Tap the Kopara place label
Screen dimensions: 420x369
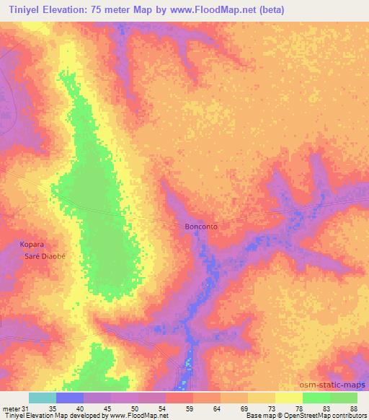[32, 245]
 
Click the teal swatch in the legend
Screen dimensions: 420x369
[43, 398]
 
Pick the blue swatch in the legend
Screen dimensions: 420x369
[70, 398]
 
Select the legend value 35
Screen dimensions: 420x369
[52, 408]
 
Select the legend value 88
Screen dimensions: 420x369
[352, 408]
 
